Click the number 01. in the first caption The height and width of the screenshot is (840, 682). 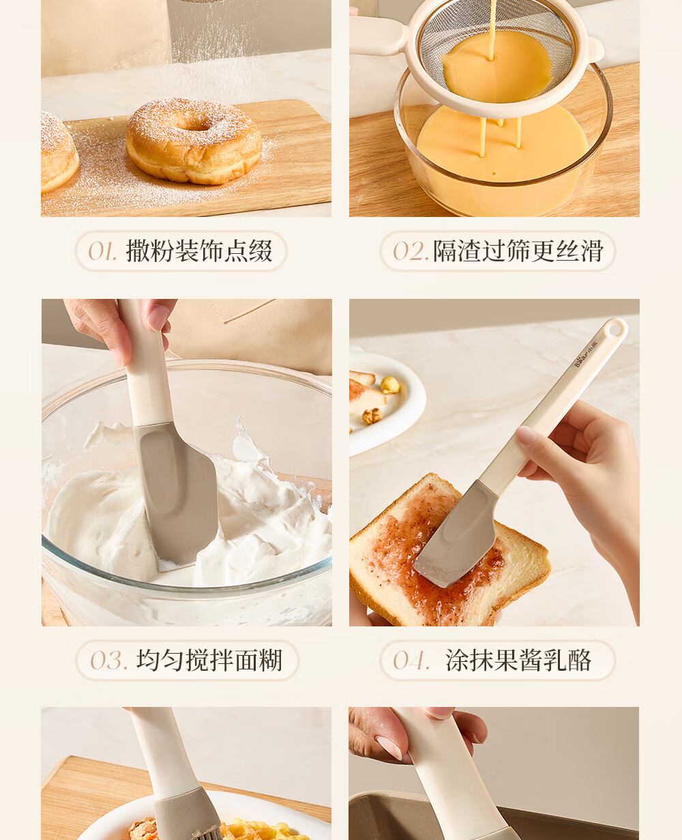pyautogui.click(x=102, y=251)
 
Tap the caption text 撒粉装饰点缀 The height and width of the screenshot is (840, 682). pyautogui.click(x=199, y=251)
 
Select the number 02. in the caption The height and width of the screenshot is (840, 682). pyautogui.click(x=411, y=251)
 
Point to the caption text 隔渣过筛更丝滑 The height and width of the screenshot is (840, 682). pyautogui.click(x=518, y=251)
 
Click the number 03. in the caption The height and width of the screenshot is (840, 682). pyautogui.click(x=109, y=660)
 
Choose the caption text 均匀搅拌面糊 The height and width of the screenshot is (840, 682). pyautogui.click(x=209, y=660)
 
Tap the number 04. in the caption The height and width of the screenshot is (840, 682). pyautogui.click(x=411, y=660)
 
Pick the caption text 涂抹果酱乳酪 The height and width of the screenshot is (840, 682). pyautogui.click(x=518, y=660)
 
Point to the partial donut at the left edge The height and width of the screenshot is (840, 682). pyautogui.click(x=59, y=152)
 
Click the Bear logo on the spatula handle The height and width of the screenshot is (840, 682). pyautogui.click(x=586, y=354)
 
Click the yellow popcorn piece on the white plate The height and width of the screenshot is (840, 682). pyautogui.click(x=390, y=385)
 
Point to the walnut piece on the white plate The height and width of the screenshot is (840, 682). pyautogui.click(x=372, y=416)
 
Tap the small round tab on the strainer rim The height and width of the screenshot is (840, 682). pyautogui.click(x=595, y=50)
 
